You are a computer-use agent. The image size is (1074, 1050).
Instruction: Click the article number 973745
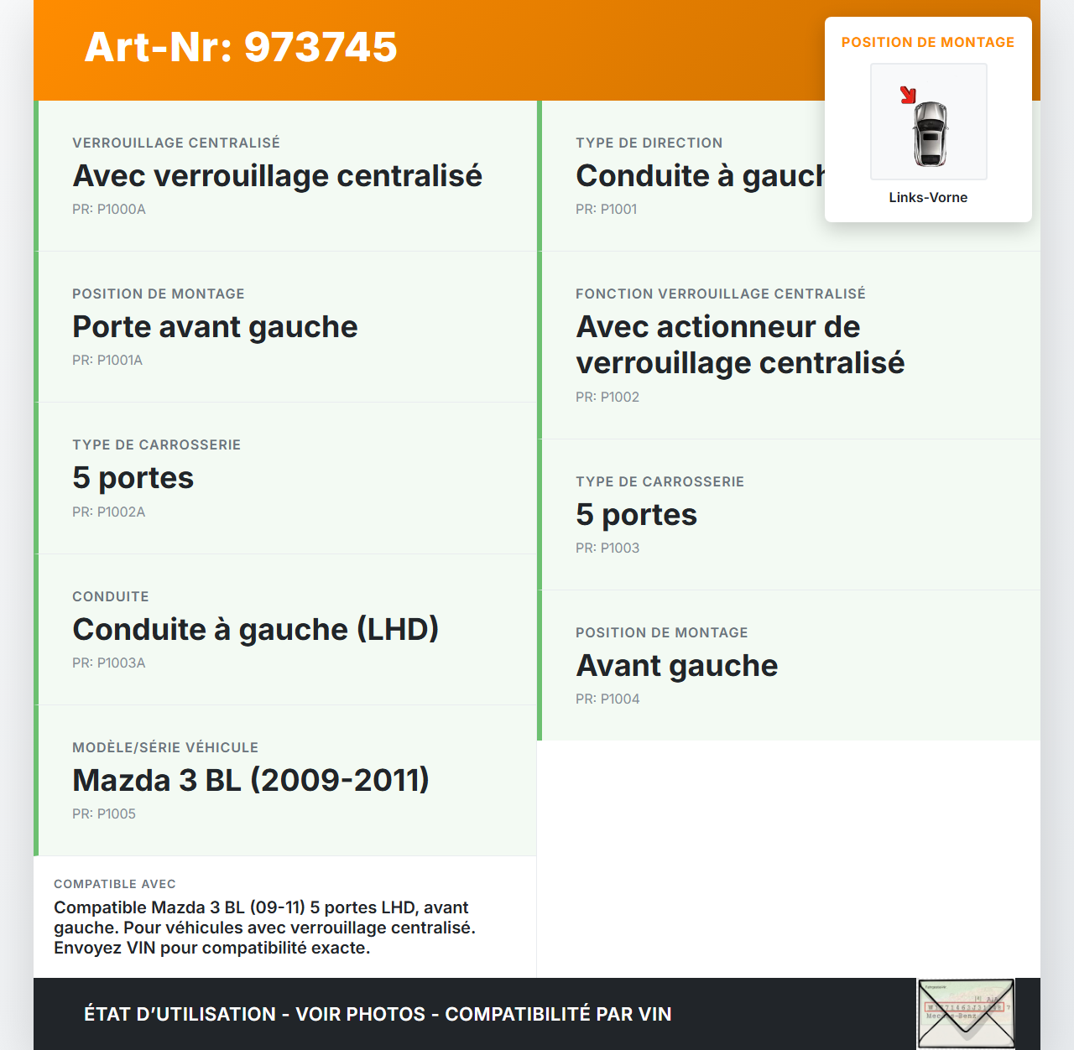(321, 47)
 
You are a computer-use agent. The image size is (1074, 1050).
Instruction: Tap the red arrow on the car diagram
(908, 95)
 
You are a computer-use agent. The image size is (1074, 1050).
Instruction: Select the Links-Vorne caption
(928, 198)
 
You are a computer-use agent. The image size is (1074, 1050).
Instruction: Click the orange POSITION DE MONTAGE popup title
(928, 43)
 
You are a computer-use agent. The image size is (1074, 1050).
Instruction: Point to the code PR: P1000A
(109, 210)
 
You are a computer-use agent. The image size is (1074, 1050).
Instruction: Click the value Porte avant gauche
(215, 327)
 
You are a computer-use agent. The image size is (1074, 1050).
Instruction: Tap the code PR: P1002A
(109, 512)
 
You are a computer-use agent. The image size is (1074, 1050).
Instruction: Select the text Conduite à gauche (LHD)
(256, 630)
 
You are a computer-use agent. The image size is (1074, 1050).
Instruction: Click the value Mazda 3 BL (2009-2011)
(251, 781)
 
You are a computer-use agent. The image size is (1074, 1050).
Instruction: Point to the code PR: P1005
(104, 814)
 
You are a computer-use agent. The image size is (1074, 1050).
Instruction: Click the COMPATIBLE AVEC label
(115, 884)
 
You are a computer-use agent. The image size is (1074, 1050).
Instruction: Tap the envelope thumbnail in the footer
(966, 1013)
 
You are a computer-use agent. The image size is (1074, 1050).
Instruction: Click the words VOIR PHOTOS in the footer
(361, 1015)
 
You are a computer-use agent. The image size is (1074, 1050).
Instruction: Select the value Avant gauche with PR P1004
(677, 666)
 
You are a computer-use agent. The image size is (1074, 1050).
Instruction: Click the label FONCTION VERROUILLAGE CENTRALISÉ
(721, 294)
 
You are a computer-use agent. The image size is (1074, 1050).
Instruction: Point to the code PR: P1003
(607, 548)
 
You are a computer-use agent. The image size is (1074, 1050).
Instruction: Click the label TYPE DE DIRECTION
(649, 143)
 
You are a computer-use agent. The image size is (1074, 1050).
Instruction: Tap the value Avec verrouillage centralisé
(278, 176)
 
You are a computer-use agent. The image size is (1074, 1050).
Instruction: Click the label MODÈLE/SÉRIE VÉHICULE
(165, 748)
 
